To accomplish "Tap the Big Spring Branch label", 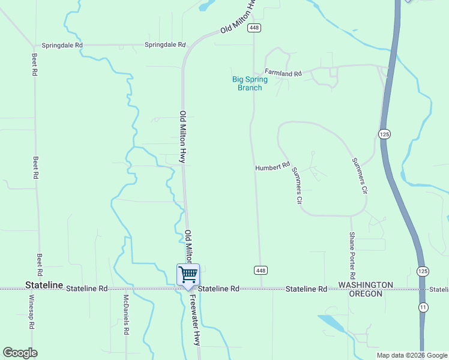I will tap(250, 83).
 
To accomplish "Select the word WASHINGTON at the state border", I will tap(366, 284).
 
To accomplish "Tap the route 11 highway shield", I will tap(423, 307).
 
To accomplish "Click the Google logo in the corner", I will tap(20, 353).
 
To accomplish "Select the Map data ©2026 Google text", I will tap(412, 355).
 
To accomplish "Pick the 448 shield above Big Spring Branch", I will tap(254, 28).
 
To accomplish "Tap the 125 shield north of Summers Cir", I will tap(384, 134).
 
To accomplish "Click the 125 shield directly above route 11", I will tap(423, 271).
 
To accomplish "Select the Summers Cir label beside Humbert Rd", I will tap(296, 185).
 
